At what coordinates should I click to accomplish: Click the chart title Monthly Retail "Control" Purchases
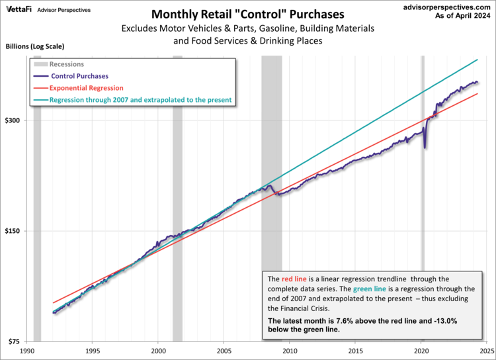248,14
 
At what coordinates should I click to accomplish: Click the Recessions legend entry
65,65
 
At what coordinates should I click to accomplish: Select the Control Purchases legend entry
79,76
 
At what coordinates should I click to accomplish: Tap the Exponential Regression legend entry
87,88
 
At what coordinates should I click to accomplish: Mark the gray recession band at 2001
177,199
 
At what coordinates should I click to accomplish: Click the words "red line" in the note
293,279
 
